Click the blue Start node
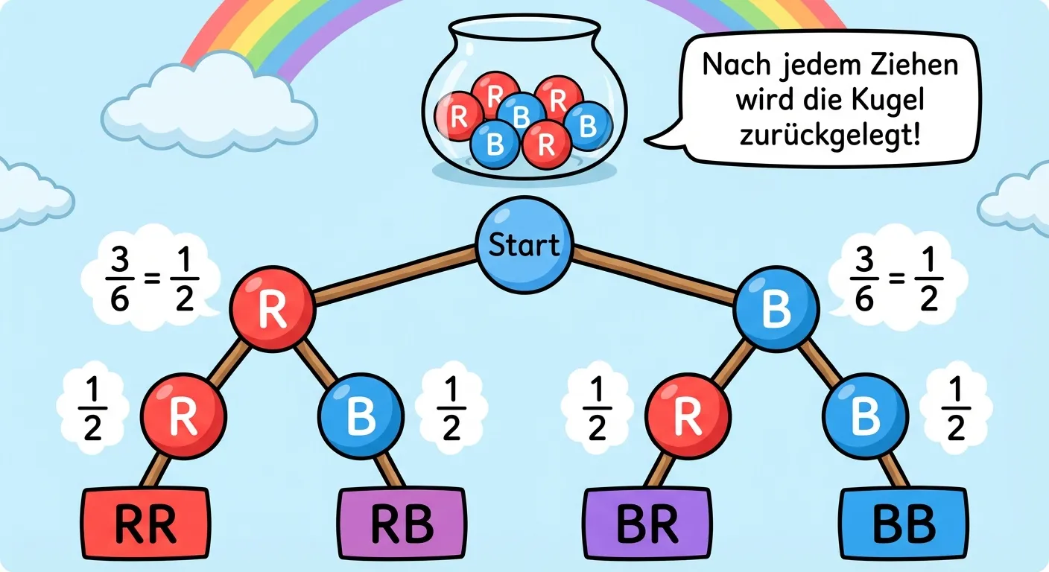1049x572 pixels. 524,245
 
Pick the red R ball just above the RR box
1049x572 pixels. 183,416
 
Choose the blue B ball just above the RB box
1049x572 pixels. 361,416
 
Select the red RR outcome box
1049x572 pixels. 145,524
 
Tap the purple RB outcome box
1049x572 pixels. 403,524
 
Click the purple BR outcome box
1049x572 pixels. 647,524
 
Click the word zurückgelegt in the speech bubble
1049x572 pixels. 828,136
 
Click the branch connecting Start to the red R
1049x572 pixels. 395,276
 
